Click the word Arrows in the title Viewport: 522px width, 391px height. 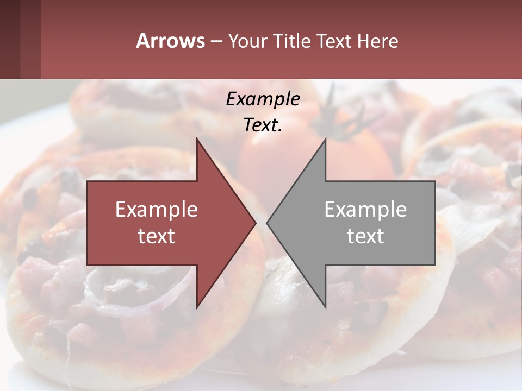point(170,41)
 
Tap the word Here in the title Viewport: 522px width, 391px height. point(377,41)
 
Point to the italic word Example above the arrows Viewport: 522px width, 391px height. point(263,99)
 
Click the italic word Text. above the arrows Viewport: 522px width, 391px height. point(263,125)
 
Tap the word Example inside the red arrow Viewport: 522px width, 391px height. point(156,210)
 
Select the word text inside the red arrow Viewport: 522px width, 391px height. point(156,236)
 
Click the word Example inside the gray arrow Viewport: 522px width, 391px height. point(365,210)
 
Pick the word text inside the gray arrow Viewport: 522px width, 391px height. point(365,236)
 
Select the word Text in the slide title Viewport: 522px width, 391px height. point(334,41)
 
